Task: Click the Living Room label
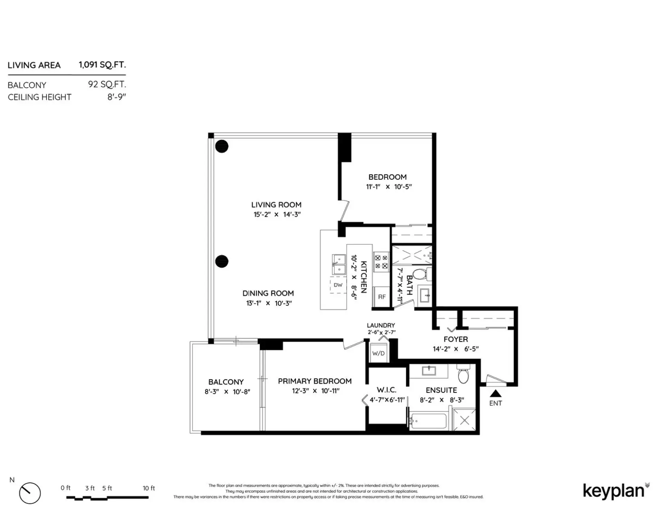[276, 205]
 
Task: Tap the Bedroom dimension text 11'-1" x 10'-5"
[389, 187]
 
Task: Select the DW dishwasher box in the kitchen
[338, 285]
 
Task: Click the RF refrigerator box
[382, 297]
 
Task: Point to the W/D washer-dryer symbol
[378, 353]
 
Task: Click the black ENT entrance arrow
[496, 393]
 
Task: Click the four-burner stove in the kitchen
[381, 262]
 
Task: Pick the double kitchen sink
[339, 265]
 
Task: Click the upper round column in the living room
[222, 146]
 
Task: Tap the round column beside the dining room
[222, 261]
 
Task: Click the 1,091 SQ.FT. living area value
[102, 65]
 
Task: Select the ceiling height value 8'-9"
[116, 97]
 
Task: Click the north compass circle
[30, 493]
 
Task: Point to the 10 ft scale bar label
[148, 488]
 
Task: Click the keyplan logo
[614, 491]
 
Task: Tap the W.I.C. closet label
[386, 390]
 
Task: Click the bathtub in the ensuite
[429, 421]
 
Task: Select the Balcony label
[226, 382]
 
